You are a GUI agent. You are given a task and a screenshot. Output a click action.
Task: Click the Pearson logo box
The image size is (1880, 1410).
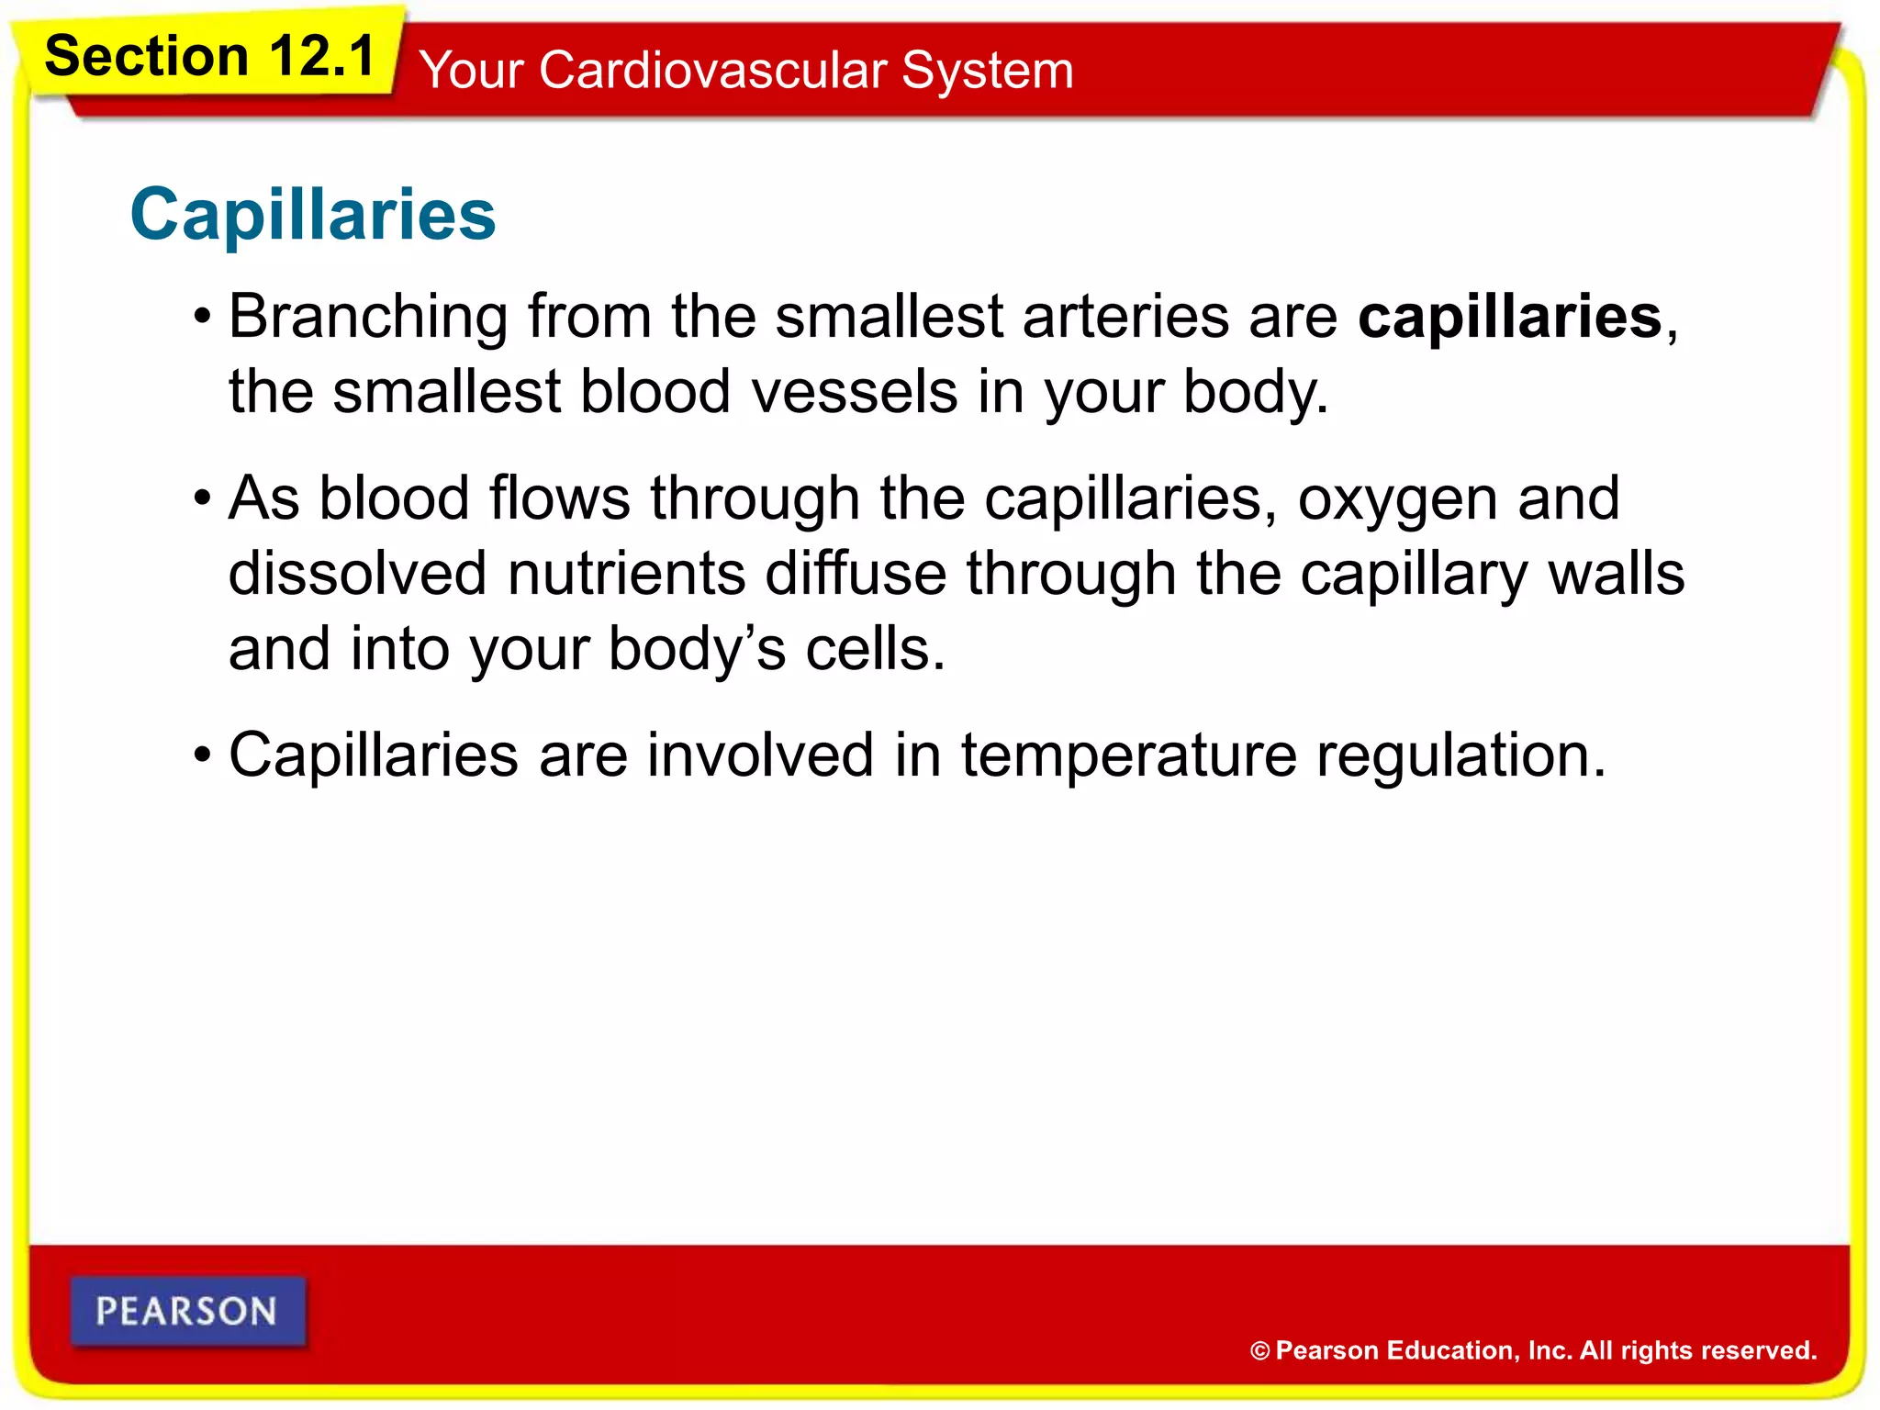tap(187, 1311)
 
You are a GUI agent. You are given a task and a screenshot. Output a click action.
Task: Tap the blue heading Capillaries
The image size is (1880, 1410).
tap(313, 215)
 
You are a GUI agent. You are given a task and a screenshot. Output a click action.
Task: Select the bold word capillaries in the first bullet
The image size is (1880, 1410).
tap(1509, 317)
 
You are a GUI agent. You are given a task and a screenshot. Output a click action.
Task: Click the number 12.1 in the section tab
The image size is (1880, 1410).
tap(322, 56)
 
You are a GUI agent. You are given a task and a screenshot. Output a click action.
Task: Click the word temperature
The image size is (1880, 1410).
tap(1128, 755)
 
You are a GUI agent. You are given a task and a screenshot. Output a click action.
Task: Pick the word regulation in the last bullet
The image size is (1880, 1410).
tap(1460, 757)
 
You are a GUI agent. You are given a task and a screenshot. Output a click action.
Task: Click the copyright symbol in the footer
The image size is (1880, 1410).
tap(1259, 1351)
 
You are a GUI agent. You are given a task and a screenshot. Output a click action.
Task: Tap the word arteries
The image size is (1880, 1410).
tap(1125, 317)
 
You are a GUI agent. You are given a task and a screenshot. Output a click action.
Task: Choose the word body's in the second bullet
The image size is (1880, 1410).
tap(697, 650)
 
